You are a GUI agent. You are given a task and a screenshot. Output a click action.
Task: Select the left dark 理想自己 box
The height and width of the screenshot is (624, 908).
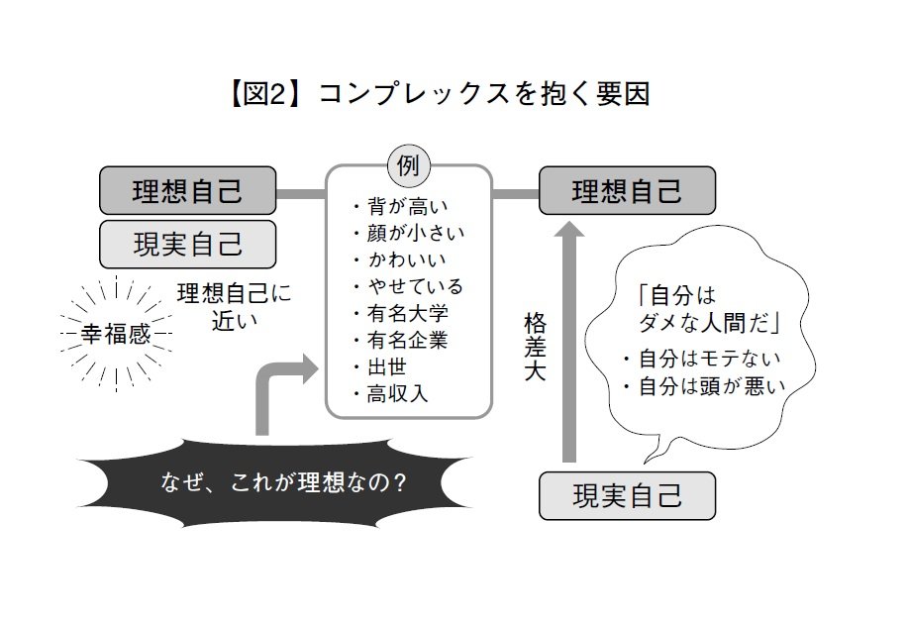187,190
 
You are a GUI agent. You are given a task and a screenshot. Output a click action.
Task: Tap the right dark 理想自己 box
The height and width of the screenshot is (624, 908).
627,190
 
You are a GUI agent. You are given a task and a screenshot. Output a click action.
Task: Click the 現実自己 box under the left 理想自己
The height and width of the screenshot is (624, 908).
187,243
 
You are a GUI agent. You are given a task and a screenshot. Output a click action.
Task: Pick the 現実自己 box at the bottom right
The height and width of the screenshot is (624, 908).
627,495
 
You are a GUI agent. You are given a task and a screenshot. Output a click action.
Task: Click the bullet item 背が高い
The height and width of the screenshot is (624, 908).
401,208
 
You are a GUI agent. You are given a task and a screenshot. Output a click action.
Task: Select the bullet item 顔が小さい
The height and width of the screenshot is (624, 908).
407,235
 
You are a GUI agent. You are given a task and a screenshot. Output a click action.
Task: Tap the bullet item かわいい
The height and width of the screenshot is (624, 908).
400,260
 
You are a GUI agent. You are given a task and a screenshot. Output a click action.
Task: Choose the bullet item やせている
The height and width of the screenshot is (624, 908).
407,287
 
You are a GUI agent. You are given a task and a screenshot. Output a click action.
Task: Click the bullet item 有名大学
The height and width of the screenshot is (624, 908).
400,314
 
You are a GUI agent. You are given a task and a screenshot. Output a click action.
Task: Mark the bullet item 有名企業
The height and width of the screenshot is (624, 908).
400,341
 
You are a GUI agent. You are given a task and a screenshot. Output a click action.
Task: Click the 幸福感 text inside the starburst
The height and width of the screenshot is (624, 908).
115,334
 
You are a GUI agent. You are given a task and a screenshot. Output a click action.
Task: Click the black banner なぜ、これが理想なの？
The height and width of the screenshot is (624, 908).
285,482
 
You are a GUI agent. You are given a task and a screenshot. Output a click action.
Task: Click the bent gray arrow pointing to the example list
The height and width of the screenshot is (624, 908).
272,386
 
